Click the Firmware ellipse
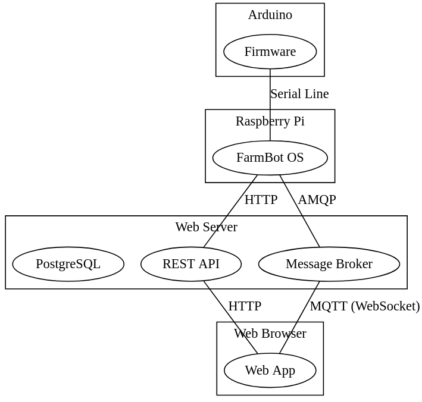[270, 52]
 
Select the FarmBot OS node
[270, 158]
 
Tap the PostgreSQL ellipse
[68, 263]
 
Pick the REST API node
[190, 263]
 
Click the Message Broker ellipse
[329, 263]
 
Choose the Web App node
[270, 370]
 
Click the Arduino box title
[270, 15]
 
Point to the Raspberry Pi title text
[270, 121]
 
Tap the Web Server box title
[206, 227]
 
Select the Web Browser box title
[270, 334]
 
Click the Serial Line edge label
[299, 94]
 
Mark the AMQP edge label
[317, 200]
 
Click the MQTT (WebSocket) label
[364, 306]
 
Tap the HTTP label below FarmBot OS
[261, 200]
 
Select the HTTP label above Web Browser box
[245, 306]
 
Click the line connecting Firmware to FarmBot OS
[270, 95]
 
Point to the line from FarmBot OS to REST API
[230, 211]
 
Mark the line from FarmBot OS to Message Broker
[300, 211]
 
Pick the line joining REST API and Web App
[230, 317]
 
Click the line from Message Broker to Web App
[300, 317]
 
